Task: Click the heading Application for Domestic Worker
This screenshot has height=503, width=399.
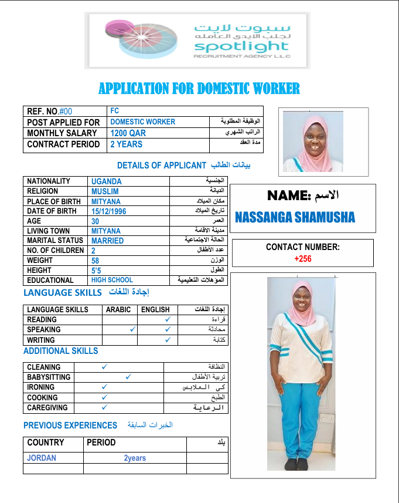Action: tap(199, 89)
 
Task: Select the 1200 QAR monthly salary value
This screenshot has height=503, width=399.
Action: tap(128, 133)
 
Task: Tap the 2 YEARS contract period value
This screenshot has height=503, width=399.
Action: tap(127, 144)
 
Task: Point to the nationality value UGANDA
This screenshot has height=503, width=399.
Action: tap(107, 181)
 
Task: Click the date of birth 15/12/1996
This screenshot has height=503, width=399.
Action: tap(109, 211)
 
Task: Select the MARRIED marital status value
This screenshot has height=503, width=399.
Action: tap(108, 241)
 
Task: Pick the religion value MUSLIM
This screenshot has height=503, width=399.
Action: tap(105, 191)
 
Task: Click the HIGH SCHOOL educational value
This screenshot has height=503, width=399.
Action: tap(112, 281)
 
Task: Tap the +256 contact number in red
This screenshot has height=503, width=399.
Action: tap(302, 258)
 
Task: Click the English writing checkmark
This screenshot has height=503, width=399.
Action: tap(168, 340)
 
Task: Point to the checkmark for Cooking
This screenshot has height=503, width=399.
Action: tap(104, 397)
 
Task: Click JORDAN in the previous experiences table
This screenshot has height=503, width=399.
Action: tap(42, 458)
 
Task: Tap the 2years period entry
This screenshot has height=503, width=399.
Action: tap(135, 458)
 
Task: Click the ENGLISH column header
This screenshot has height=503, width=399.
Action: tap(156, 309)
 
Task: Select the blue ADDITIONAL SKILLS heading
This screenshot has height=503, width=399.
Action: tap(61, 351)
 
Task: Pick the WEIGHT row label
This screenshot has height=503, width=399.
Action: tap(40, 260)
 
